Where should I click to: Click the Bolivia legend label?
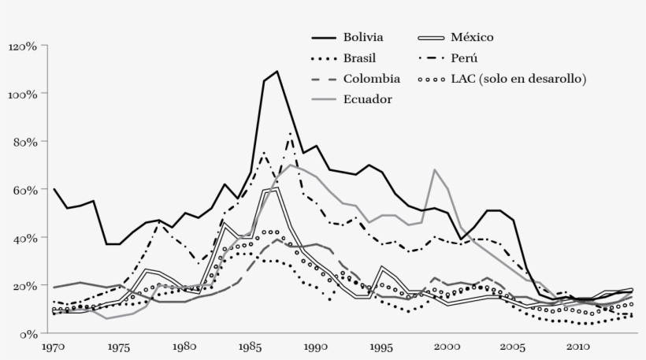click(363, 37)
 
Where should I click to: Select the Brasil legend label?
click(359, 58)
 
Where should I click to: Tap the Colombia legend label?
click(371, 79)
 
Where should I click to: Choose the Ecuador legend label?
click(367, 99)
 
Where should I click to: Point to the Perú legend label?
click(465, 58)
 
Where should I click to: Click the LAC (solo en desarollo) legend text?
click(519, 79)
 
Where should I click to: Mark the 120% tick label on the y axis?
click(22, 46)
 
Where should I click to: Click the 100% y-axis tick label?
click(22, 95)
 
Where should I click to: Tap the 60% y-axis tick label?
click(24, 190)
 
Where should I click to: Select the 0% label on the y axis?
click(28, 334)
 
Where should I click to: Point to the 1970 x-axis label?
click(54, 346)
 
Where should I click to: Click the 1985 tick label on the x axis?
click(251, 346)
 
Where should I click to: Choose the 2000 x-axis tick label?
click(447, 346)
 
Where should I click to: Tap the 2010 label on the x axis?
click(578, 346)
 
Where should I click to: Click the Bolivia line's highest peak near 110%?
click(277, 72)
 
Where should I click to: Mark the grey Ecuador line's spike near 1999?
click(434, 169)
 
